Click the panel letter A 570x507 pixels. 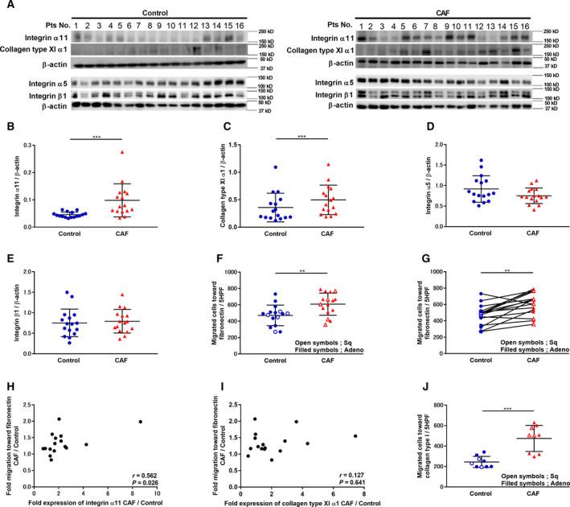6,6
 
